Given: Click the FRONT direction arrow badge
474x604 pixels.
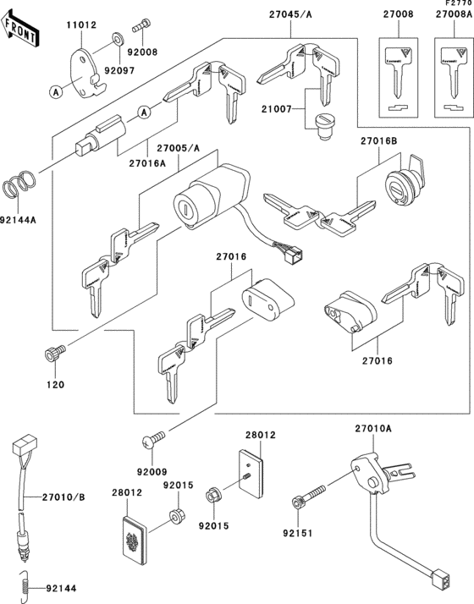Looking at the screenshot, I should (21, 30).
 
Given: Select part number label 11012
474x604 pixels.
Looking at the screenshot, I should (80, 26).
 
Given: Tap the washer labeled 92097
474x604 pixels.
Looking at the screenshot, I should (116, 39).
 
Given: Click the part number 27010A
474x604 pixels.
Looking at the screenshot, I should (372, 429).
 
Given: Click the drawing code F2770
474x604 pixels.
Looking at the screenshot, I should (457, 4).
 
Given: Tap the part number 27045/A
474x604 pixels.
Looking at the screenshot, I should (290, 14).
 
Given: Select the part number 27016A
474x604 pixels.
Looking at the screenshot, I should (149, 163).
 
